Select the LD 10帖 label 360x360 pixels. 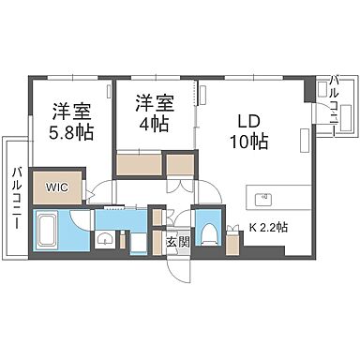click(248, 131)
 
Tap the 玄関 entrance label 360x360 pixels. click(177, 241)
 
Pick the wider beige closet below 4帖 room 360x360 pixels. click(140, 164)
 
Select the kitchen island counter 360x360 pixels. click(276, 199)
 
